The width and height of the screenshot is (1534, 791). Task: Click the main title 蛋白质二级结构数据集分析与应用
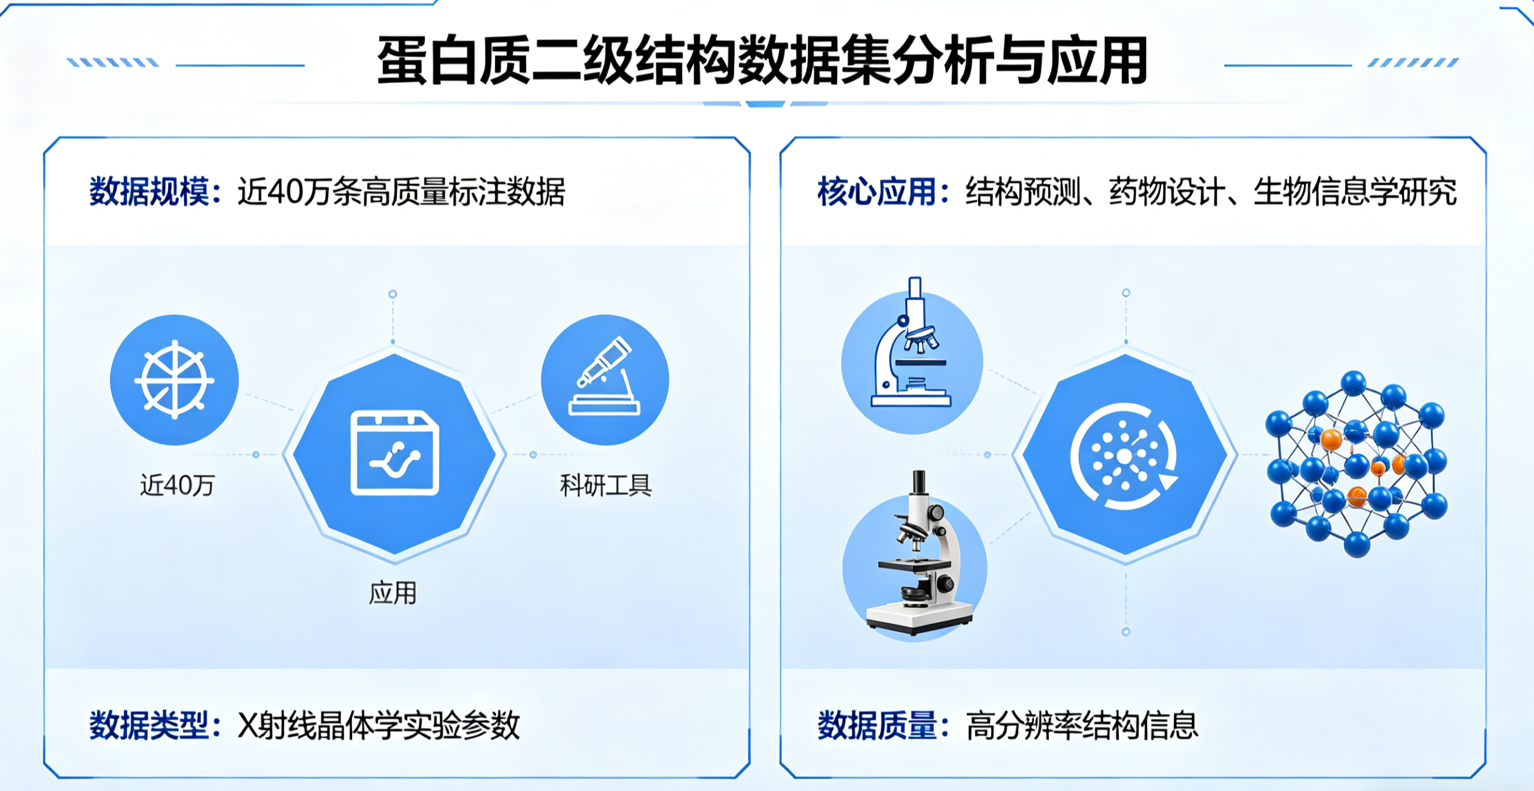(762, 61)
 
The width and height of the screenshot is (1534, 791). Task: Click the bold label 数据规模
(149, 191)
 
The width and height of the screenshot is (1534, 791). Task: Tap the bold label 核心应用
(876, 191)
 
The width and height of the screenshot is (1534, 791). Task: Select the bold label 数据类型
(149, 726)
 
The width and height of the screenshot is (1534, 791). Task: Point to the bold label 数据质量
(876, 726)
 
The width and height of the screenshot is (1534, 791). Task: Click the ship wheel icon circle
(175, 380)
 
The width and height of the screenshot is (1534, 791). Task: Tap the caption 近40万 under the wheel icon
(177, 485)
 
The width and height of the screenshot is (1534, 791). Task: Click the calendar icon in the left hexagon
(394, 453)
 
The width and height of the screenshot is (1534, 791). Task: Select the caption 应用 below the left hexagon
(393, 593)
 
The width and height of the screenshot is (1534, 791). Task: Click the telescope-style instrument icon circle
(605, 380)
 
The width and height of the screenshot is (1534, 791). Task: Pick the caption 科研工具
(605, 485)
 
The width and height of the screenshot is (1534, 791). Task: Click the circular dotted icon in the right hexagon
(1124, 456)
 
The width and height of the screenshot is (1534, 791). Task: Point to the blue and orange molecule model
(1356, 464)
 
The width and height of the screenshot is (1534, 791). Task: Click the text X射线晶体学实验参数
(378, 726)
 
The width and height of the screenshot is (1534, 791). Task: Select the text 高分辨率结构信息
(1081, 726)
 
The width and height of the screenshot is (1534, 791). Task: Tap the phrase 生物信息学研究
(1354, 191)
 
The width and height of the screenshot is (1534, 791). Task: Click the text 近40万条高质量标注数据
(401, 191)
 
